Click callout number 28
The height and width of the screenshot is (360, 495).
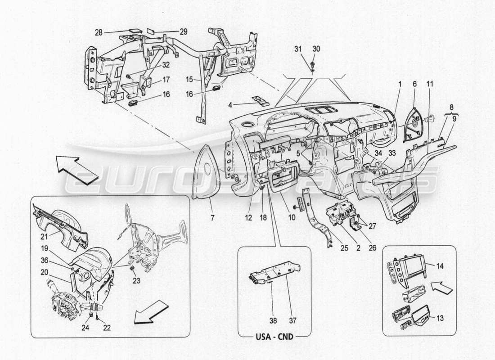tap(99, 32)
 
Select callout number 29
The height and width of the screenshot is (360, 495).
tap(171, 32)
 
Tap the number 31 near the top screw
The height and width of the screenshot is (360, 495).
tap(297, 49)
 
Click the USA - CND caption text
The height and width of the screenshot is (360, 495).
tap(274, 335)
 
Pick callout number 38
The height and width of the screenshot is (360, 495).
tap(273, 320)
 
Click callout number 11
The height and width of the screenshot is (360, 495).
tap(430, 84)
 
